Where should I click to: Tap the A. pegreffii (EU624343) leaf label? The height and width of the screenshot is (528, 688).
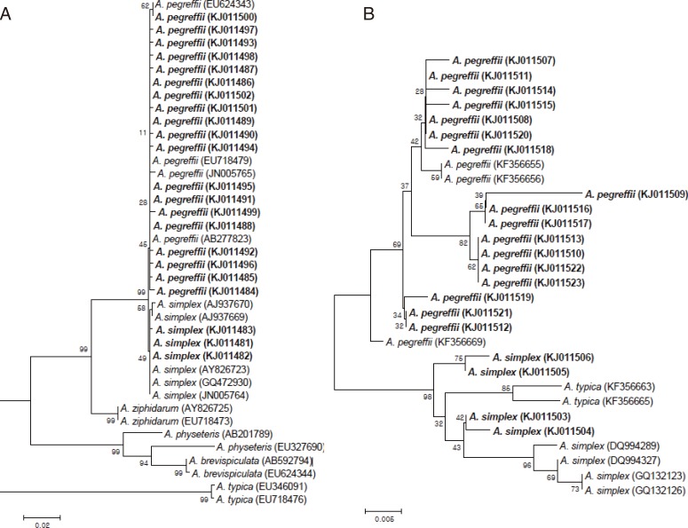194,5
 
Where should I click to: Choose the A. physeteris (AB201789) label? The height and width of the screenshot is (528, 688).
211,435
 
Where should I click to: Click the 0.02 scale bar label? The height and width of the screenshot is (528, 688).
41,524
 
